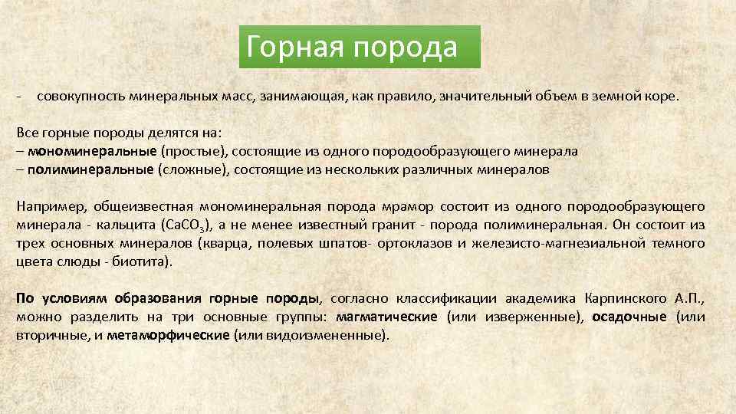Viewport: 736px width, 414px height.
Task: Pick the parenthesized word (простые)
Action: (192, 151)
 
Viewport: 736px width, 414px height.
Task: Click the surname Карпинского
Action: (621, 298)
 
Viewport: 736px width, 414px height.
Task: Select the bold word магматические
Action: (386, 317)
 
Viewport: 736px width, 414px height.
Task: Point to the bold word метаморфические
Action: (169, 335)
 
